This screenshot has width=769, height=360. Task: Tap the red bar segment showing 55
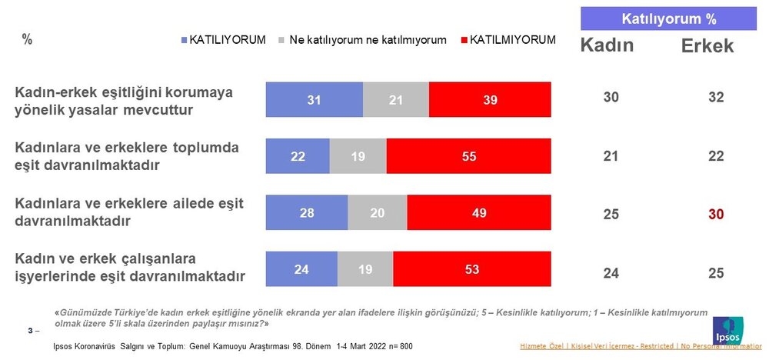(469, 156)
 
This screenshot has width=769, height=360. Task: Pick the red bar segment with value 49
(479, 213)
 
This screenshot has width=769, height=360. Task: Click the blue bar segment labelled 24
(301, 270)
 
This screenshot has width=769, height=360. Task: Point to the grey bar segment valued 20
(377, 213)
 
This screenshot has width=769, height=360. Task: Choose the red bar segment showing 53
(471, 270)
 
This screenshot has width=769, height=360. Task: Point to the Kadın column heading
(606, 46)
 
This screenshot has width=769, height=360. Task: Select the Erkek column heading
(707, 46)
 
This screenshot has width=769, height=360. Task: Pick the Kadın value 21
(611, 157)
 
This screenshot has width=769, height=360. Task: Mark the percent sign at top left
(27, 40)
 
